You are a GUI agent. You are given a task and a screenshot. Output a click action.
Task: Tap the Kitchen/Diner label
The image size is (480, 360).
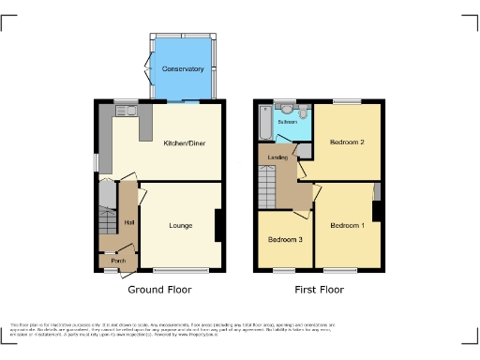coord(184,143)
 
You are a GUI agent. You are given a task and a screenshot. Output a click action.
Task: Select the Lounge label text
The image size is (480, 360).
coord(181,225)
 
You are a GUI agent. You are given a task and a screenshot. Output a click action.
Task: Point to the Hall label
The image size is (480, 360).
coord(128,221)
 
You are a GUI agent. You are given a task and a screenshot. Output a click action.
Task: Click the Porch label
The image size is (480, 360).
coord(118,261)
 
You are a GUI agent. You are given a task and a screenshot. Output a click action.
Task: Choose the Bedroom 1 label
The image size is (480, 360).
coord(346,226)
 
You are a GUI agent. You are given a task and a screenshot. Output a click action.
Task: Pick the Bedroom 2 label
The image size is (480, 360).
coord(346,142)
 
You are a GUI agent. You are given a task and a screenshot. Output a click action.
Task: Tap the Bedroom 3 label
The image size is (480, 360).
coord(285,240)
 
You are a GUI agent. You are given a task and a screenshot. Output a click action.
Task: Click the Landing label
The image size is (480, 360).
coord(277,157)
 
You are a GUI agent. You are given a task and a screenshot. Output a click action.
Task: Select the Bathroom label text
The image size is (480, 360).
coord(287,122)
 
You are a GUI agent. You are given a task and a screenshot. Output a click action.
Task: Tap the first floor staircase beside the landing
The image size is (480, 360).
coord(267,184)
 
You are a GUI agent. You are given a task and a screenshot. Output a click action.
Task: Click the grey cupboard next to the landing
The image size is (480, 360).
coord(306,150)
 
